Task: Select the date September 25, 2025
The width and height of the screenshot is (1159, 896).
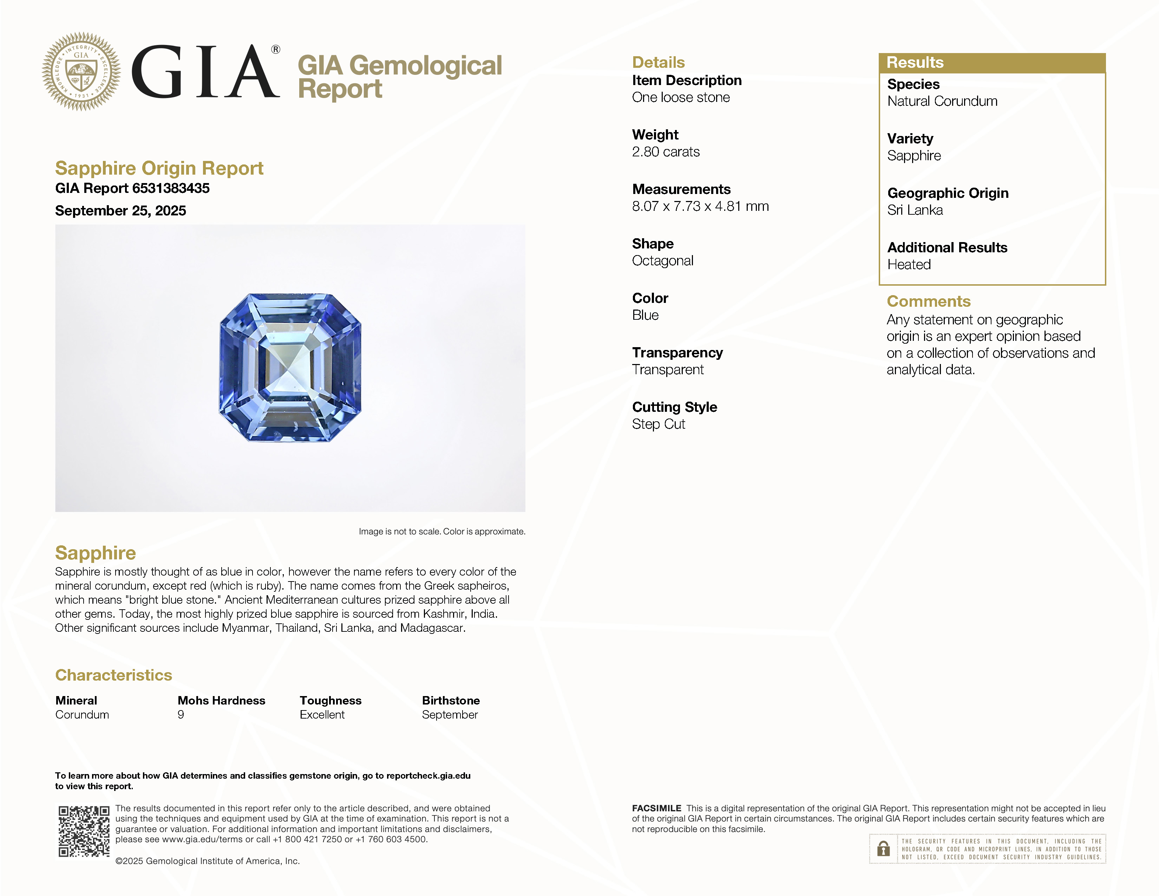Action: click(x=120, y=211)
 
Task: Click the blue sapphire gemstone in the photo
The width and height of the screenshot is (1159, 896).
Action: click(x=290, y=367)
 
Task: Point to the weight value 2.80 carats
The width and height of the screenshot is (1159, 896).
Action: click(x=666, y=152)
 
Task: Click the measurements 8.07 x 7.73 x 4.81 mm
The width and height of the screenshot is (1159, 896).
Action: click(x=700, y=207)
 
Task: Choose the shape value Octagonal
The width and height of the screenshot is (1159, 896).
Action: click(x=662, y=261)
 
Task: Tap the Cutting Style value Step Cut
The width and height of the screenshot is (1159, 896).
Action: click(x=658, y=424)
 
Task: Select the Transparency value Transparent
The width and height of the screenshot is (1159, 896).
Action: click(x=668, y=370)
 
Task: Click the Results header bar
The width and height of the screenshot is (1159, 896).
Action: click(x=991, y=63)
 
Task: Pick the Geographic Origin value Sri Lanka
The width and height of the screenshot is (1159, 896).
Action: click(x=915, y=210)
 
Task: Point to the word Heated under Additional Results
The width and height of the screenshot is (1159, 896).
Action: click(x=909, y=264)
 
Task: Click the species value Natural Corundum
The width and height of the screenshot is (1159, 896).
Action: click(x=942, y=102)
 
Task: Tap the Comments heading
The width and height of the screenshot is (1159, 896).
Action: click(x=928, y=301)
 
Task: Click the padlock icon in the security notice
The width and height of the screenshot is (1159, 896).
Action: click(x=883, y=849)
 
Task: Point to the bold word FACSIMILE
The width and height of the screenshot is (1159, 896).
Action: click(x=656, y=809)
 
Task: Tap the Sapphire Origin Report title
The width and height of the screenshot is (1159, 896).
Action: click(x=159, y=168)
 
